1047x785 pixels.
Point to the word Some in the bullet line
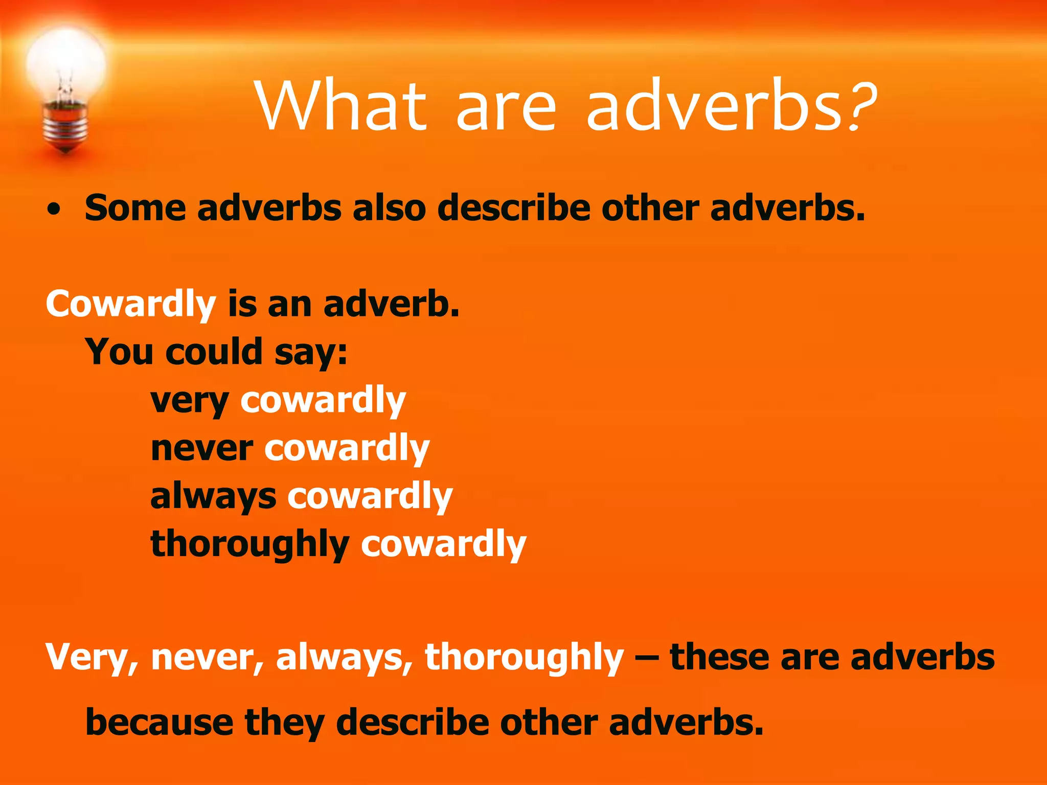(x=135, y=209)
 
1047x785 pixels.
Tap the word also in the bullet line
(x=389, y=209)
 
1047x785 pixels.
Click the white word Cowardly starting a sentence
(x=131, y=305)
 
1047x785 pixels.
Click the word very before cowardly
(x=189, y=401)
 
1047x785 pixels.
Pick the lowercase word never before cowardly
(x=201, y=449)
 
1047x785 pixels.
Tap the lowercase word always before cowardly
(x=213, y=497)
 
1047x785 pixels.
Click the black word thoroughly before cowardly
(x=250, y=545)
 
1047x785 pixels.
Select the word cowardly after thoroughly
(x=443, y=545)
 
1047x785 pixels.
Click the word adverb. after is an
(x=391, y=304)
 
